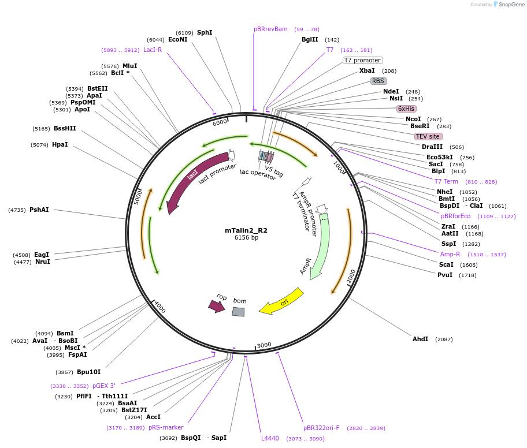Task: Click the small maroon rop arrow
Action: point(217,305)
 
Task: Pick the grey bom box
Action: point(238,312)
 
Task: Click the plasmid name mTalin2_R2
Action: point(246,230)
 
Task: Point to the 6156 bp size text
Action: point(246,238)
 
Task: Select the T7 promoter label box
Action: point(362,60)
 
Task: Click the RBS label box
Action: point(378,81)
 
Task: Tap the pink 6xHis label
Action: point(406,109)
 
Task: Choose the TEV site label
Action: point(428,136)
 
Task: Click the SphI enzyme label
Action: point(205,32)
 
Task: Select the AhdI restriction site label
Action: point(420,339)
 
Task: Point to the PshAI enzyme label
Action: point(39,210)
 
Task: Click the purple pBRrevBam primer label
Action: point(270,29)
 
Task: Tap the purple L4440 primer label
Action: point(270,438)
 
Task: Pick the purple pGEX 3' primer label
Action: point(104,386)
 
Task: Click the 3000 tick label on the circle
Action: point(264,345)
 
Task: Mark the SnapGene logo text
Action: point(512,5)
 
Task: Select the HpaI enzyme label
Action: point(60,144)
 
